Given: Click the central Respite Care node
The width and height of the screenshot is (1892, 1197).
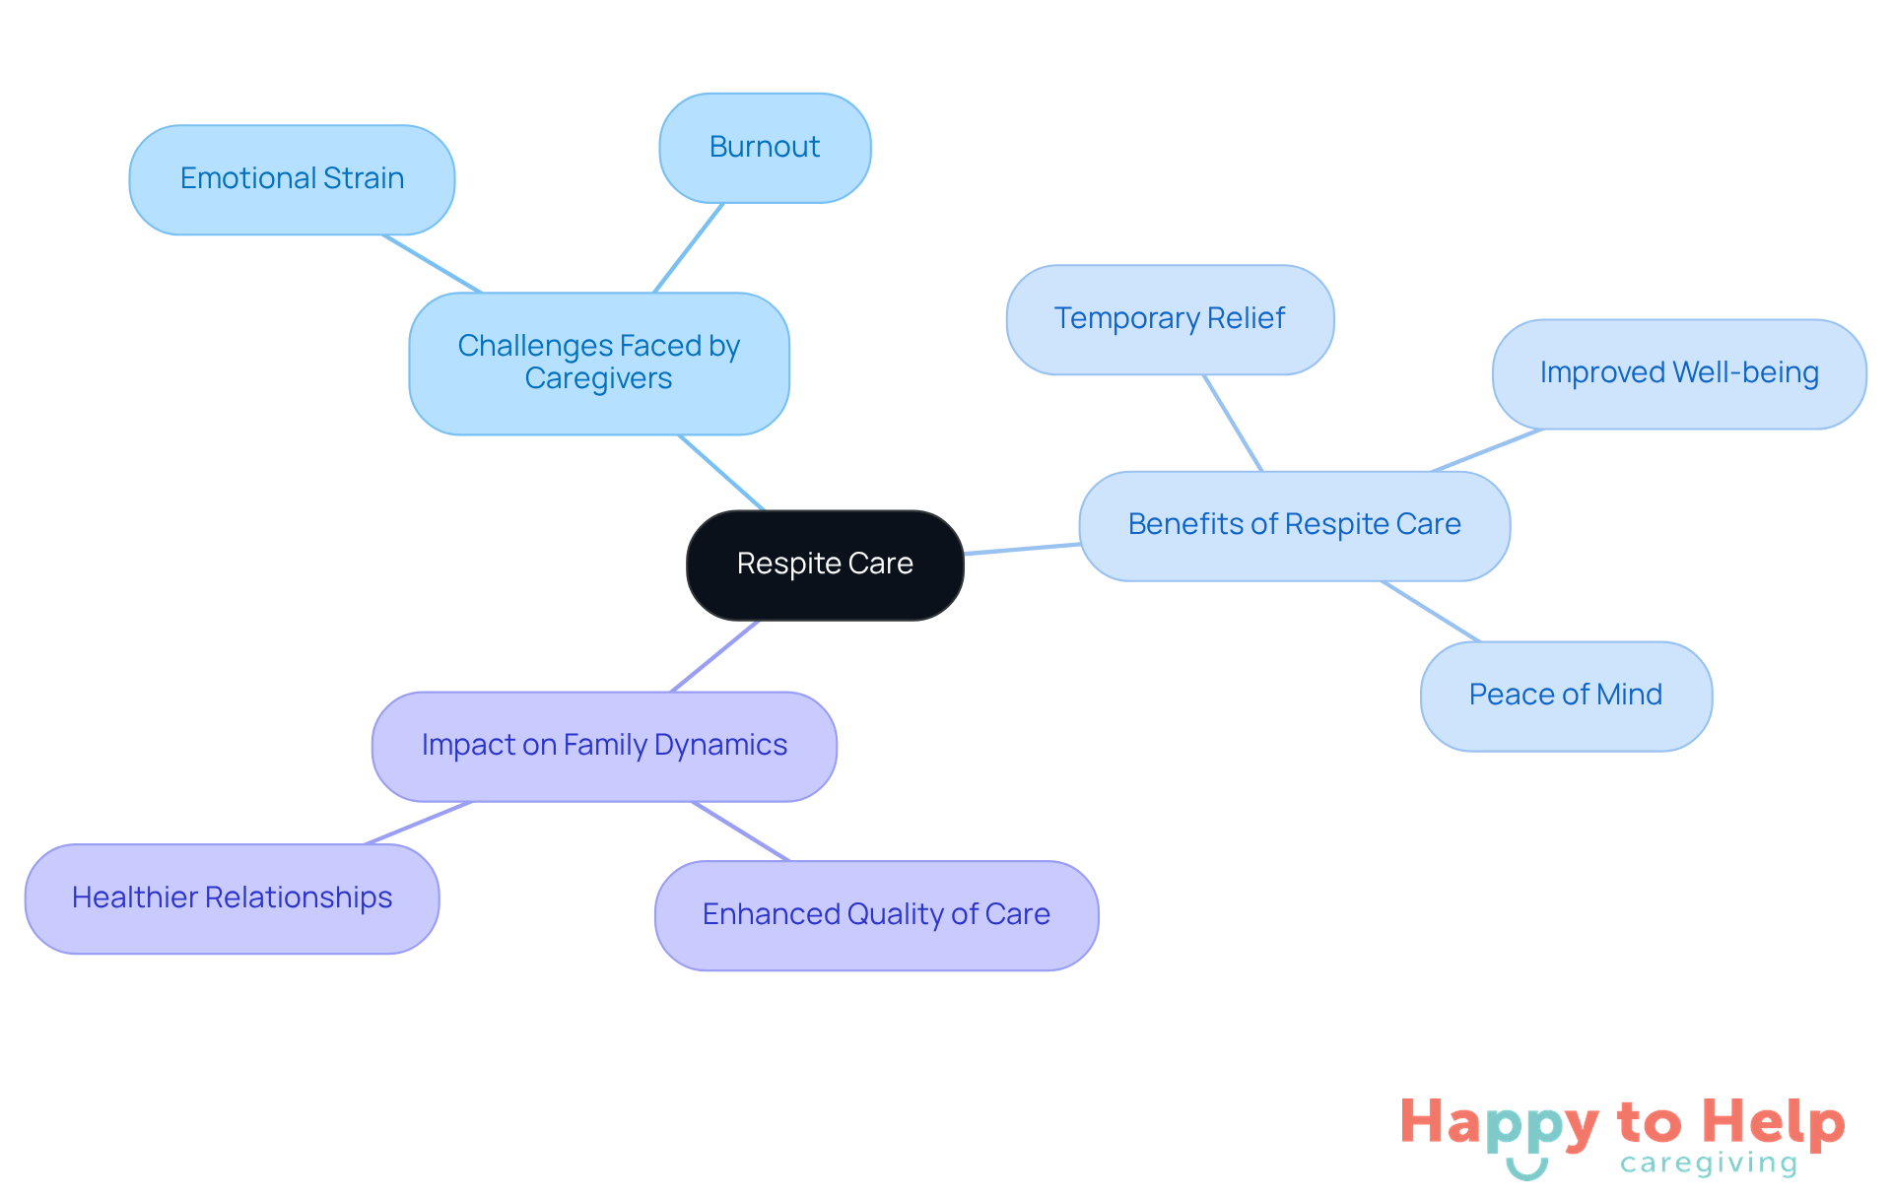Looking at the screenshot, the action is (x=825, y=565).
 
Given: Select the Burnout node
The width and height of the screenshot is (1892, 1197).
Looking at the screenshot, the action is (x=765, y=148).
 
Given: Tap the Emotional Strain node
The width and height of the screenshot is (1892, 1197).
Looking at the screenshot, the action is (x=292, y=179).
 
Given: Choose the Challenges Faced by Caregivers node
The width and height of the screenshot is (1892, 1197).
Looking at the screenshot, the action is (x=599, y=363).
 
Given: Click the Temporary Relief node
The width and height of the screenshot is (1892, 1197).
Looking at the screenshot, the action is (x=1170, y=319).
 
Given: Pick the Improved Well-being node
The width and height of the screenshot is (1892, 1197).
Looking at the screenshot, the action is (x=1678, y=373).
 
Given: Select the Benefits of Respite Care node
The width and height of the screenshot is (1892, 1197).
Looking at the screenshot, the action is (x=1294, y=525).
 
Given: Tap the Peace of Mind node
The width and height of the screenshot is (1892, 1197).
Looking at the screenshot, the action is (x=1565, y=696).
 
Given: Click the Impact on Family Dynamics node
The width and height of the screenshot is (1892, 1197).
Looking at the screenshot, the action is (x=604, y=746).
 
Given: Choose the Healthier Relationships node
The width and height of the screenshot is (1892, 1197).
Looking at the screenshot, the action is (x=232, y=898).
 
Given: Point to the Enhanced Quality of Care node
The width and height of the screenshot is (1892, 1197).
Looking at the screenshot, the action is (x=876, y=915).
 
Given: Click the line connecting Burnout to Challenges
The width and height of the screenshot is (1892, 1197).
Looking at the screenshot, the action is (x=689, y=247).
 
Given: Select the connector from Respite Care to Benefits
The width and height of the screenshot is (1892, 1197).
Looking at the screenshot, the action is (x=1022, y=549).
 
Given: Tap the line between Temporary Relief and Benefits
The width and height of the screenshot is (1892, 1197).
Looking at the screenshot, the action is (x=1233, y=423).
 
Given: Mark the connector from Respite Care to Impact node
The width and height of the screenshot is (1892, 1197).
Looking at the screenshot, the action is (x=715, y=656).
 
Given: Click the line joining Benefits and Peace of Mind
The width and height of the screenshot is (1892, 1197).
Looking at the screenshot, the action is (x=1431, y=611).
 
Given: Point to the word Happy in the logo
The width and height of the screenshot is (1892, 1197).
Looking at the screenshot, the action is (x=1499, y=1124).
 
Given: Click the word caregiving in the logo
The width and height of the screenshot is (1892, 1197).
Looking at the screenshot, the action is (x=1709, y=1164).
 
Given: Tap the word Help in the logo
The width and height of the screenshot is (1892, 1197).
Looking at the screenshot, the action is (x=1773, y=1122).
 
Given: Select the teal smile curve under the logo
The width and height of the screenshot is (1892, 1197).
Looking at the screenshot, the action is (x=1526, y=1170).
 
